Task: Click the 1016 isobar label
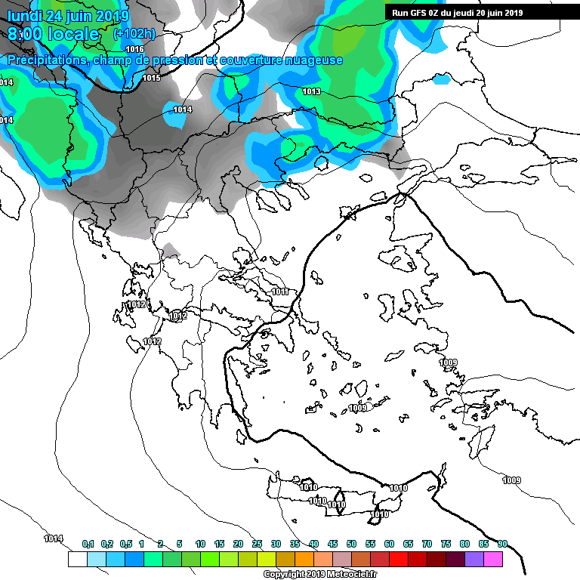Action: (134, 49)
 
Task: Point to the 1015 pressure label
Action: (151, 78)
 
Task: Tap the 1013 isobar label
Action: (311, 91)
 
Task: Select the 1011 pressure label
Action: (280, 292)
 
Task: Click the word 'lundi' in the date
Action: (24, 15)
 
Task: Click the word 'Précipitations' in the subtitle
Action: (47, 60)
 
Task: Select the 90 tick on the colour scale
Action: (502, 544)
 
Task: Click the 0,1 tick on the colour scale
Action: (88, 544)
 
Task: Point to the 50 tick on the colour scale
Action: (351, 544)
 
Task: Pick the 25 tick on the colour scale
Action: (257, 544)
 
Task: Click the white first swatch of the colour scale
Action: (77, 559)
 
